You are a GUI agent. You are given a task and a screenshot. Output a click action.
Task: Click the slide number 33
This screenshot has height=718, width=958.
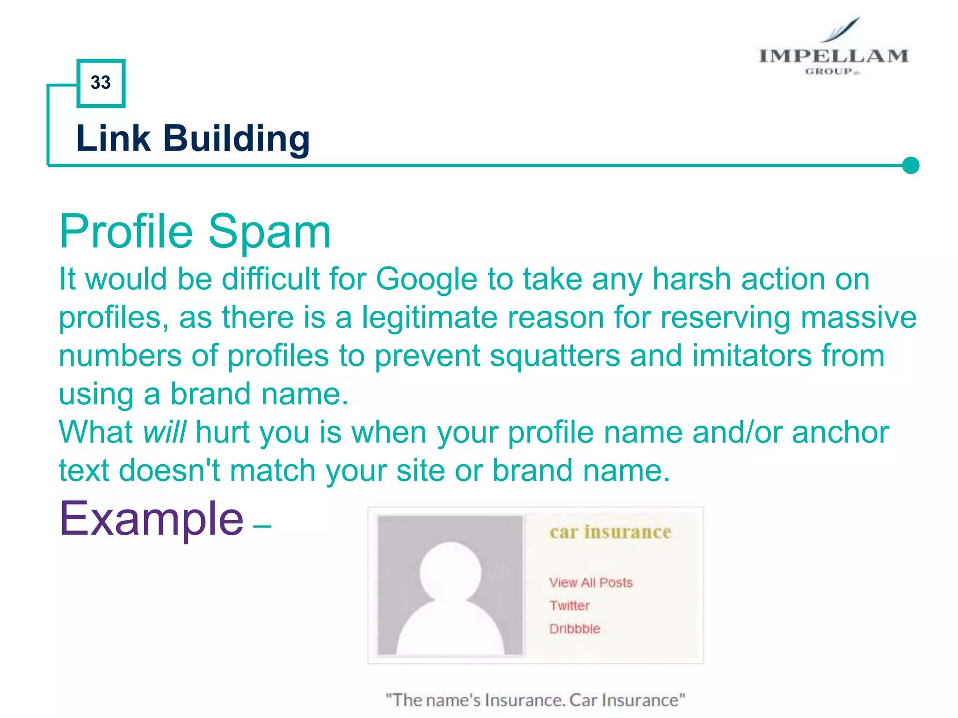coord(101,83)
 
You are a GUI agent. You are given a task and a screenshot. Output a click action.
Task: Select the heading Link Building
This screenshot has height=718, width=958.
coord(193,138)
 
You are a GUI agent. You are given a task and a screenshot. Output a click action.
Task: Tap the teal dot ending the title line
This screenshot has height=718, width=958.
coord(910,165)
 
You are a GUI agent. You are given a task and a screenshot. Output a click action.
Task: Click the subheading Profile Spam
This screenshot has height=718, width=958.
coord(195,231)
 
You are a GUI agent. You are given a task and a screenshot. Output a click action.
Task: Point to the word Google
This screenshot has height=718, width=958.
coord(426,280)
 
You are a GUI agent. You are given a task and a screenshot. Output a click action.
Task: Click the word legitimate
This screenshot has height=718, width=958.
coord(429,318)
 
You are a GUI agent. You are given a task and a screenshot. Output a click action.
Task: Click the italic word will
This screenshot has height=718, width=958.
coord(164,432)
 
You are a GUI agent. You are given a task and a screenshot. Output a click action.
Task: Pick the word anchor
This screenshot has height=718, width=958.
coord(840,432)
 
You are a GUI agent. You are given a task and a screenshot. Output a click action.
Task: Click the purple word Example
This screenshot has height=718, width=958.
coord(151,519)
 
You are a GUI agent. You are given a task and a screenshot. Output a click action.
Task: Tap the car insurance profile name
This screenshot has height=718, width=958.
coord(610,532)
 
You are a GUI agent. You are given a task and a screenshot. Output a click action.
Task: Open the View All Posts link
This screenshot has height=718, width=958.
coord(591,582)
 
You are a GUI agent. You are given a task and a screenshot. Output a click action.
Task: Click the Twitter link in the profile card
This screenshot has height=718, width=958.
coord(569,606)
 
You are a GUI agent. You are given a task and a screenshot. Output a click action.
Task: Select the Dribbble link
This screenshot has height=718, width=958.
coord(574,629)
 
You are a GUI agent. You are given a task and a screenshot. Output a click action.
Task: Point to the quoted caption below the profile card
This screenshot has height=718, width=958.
coord(535,700)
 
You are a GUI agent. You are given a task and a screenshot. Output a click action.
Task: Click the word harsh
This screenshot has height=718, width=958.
coord(691,280)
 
